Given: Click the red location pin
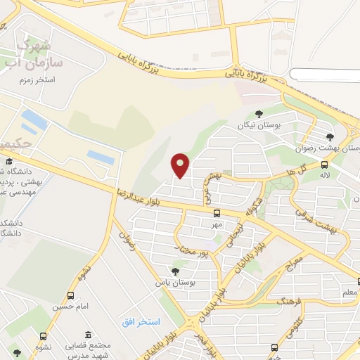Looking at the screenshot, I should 181,165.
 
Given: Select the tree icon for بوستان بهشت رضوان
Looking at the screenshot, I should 330,137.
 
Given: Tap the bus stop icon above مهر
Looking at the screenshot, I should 216,212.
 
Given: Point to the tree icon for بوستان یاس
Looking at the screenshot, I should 174,271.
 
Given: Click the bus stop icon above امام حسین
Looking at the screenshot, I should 70,296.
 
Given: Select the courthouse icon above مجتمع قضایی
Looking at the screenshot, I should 87,335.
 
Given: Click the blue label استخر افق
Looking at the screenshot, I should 141,321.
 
